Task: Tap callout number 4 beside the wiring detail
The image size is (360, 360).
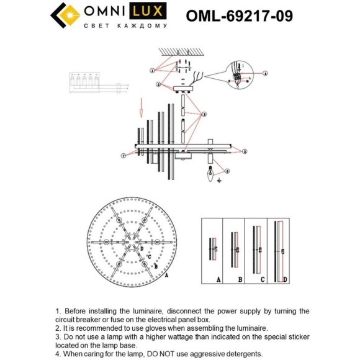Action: coord(265,73)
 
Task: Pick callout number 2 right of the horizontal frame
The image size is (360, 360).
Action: coord(244,151)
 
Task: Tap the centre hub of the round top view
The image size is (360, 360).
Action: coord(130,242)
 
